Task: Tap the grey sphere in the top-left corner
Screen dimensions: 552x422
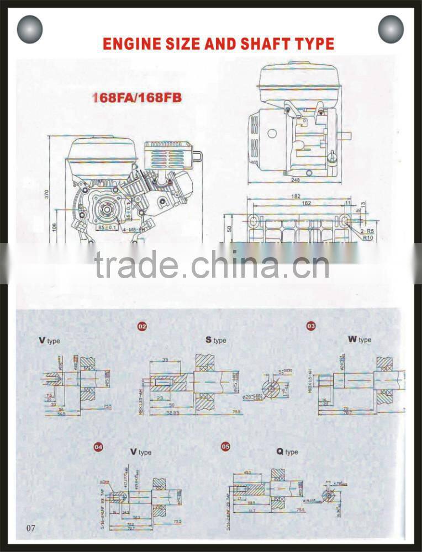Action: tap(30, 29)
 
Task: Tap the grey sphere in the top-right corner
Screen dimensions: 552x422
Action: tap(391, 29)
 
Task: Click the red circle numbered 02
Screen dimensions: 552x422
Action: tap(142, 327)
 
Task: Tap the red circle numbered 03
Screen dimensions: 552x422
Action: tap(311, 327)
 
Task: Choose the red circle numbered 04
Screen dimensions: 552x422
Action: tap(98, 448)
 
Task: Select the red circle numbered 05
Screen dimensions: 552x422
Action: tap(225, 446)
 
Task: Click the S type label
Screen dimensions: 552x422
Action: tap(216, 340)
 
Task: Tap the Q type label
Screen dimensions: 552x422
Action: tap(287, 452)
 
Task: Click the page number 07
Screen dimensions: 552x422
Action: tap(30, 528)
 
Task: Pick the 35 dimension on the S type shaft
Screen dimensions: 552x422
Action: tap(166, 359)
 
